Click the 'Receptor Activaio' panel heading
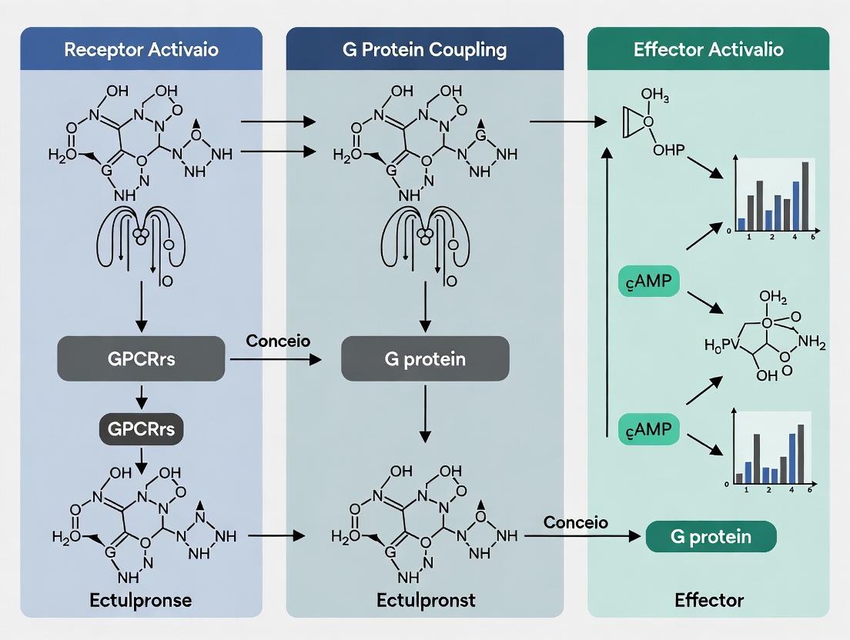(x=141, y=50)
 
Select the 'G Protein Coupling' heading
(x=424, y=50)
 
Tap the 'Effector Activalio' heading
(x=708, y=50)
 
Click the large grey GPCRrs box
(x=141, y=358)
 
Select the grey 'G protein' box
(x=425, y=358)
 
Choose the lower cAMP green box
(x=649, y=428)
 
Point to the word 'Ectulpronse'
(x=141, y=599)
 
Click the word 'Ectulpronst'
(x=424, y=599)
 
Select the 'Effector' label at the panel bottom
(x=709, y=599)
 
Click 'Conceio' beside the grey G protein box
(x=278, y=340)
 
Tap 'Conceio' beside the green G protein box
(x=575, y=522)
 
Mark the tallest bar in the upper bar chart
(x=805, y=196)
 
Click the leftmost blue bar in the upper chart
(x=741, y=224)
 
